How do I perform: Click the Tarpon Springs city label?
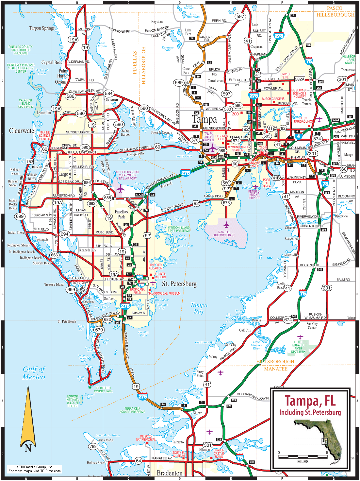click(42, 28)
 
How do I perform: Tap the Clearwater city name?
click(23, 131)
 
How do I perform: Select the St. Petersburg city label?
click(179, 284)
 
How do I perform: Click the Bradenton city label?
click(170, 473)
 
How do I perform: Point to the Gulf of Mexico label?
click(34, 373)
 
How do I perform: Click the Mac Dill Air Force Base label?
click(224, 233)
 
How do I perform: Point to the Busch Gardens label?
click(273, 99)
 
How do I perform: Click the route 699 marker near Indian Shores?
click(20, 216)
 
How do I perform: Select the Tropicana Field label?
click(137, 291)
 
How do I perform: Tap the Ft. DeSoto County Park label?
click(103, 389)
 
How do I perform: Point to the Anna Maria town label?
click(106, 440)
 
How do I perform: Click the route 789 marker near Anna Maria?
click(93, 446)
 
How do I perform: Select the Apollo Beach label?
click(281, 285)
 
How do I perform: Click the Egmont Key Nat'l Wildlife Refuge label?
click(73, 401)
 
